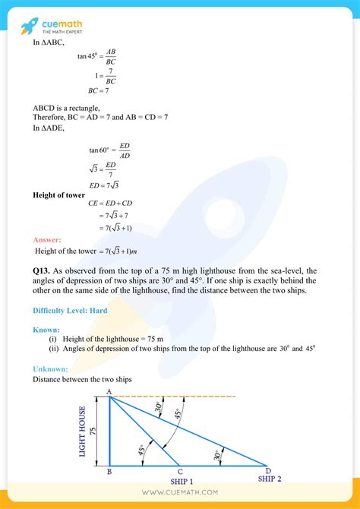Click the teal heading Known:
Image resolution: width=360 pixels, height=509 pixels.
tap(47, 330)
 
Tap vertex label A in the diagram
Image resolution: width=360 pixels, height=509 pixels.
tap(109, 391)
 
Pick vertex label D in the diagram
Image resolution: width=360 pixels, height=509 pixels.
tap(267, 471)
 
